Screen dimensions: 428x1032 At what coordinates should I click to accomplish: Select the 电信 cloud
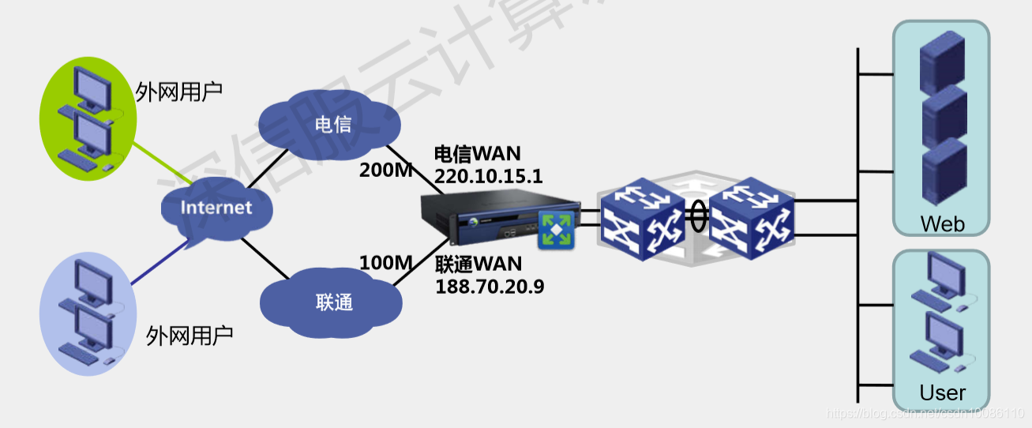click(332, 124)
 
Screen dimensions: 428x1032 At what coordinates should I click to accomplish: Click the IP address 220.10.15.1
click(489, 176)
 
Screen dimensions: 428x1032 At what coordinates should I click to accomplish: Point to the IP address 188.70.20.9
click(490, 286)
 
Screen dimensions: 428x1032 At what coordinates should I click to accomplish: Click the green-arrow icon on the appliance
click(557, 229)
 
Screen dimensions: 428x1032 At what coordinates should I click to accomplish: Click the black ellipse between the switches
click(697, 217)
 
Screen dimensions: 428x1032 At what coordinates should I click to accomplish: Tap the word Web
click(942, 224)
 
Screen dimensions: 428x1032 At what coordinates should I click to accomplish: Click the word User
click(942, 392)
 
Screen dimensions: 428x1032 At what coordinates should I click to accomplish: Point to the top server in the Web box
click(944, 63)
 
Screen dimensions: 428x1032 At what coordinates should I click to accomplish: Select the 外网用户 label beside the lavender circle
click(190, 336)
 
